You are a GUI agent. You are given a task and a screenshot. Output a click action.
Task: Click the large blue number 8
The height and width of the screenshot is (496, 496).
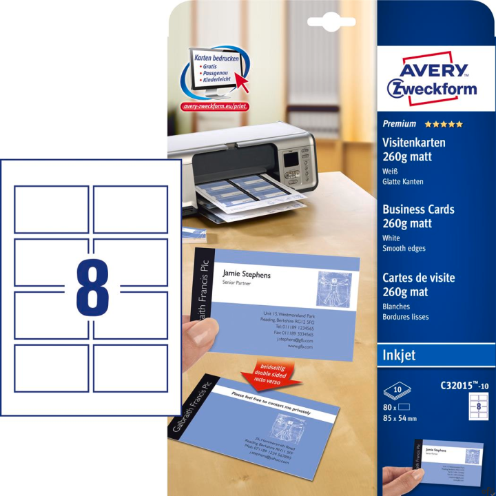pyautogui.click(x=92, y=287)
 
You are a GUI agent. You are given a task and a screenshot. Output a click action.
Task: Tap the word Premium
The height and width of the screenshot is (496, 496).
pyautogui.click(x=400, y=124)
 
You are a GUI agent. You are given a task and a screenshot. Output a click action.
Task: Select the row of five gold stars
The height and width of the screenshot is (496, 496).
pyautogui.click(x=444, y=125)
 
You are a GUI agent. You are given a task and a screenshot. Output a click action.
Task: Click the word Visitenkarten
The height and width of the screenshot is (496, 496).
pyautogui.click(x=413, y=143)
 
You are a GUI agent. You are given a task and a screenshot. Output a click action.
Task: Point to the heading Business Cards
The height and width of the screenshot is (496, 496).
pyautogui.click(x=417, y=210)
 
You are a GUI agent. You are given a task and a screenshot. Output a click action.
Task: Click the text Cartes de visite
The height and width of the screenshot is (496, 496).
pyautogui.click(x=419, y=278)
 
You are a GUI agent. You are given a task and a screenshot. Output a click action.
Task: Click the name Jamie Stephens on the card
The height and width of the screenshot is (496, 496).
pyautogui.click(x=247, y=275)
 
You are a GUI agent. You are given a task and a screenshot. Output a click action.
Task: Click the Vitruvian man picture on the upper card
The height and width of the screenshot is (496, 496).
pyautogui.click(x=334, y=288)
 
